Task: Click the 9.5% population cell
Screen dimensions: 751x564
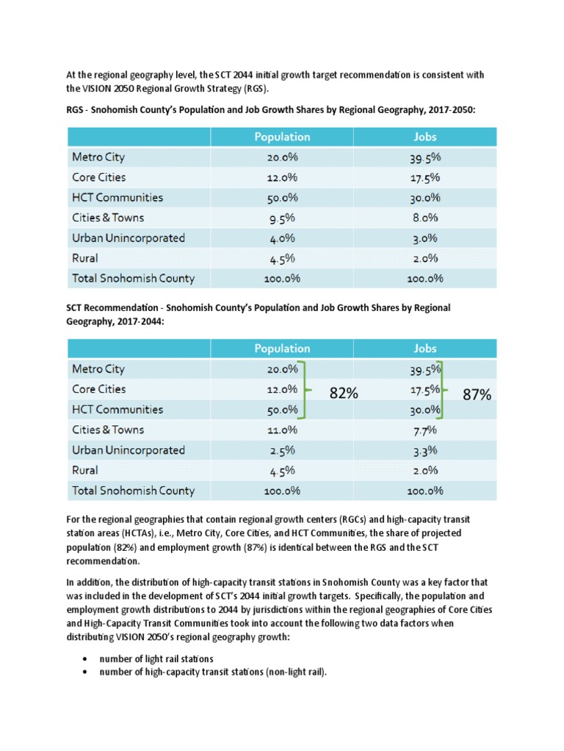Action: [282, 218]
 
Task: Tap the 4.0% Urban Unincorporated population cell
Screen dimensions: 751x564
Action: [282, 238]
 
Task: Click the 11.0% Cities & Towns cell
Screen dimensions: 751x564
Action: [282, 431]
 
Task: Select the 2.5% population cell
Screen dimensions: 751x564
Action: [282, 450]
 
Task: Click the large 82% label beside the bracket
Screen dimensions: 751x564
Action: [343, 394]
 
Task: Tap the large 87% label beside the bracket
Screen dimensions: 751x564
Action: [477, 395]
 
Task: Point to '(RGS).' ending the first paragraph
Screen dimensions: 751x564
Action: [253, 89]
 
